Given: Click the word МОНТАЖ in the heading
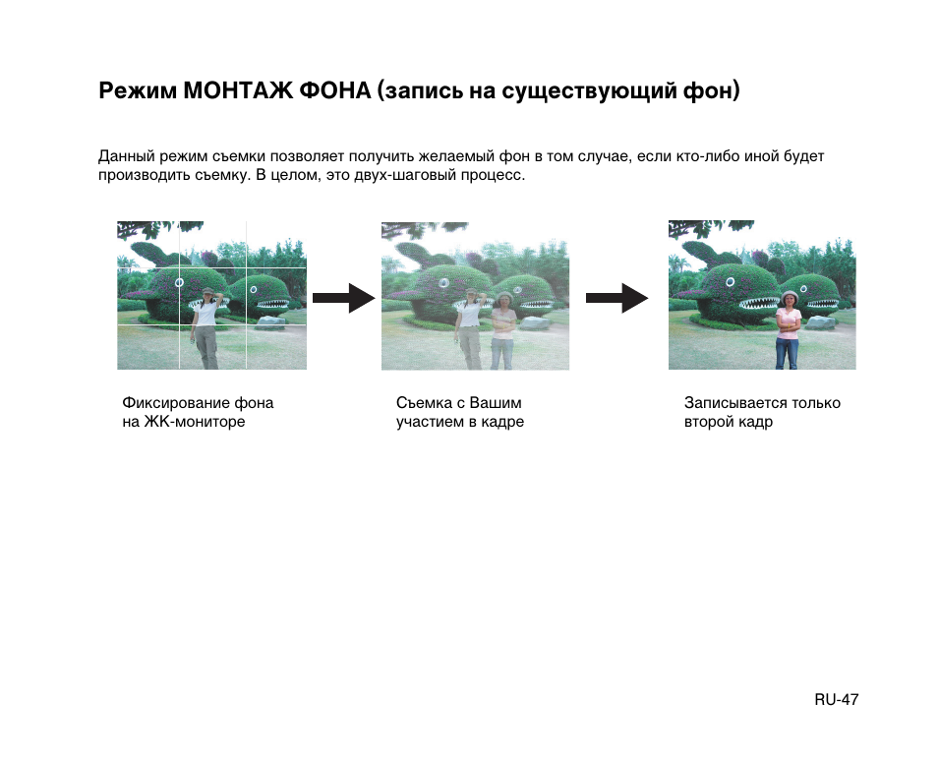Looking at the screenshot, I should pyautogui.click(x=236, y=92).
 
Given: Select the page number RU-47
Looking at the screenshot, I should pyautogui.click(x=836, y=700).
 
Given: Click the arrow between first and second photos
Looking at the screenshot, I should pyautogui.click(x=343, y=296).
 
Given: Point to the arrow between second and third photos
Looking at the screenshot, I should pyautogui.click(x=616, y=297).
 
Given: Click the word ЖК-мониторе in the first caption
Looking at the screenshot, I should pyautogui.click(x=195, y=422).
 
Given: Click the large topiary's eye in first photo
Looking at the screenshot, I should pyautogui.click(x=179, y=281).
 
